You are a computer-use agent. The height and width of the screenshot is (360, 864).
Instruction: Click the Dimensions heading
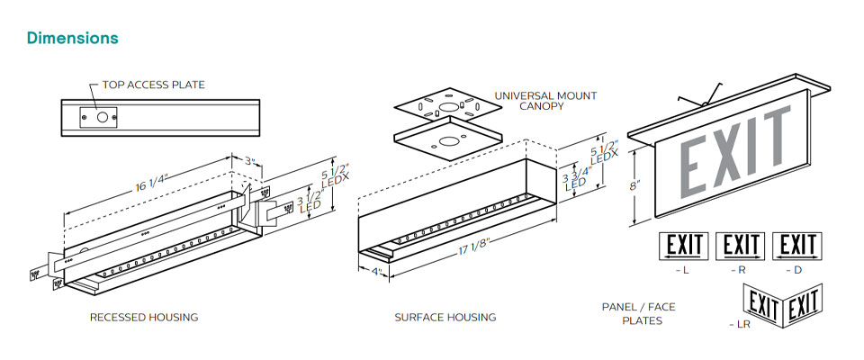[73, 39]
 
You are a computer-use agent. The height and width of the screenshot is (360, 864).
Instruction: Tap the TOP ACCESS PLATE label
[153, 85]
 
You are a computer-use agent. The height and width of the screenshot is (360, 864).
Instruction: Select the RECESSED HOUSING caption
[144, 318]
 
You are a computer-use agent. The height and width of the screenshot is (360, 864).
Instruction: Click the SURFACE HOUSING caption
[445, 318]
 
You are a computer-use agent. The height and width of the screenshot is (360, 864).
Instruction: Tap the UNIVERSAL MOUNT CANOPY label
[545, 101]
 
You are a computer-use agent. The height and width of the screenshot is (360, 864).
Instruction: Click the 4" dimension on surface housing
[378, 271]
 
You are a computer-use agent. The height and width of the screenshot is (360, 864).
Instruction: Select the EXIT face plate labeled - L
[685, 245]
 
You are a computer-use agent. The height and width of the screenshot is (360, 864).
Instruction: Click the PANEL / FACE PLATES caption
[638, 313]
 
